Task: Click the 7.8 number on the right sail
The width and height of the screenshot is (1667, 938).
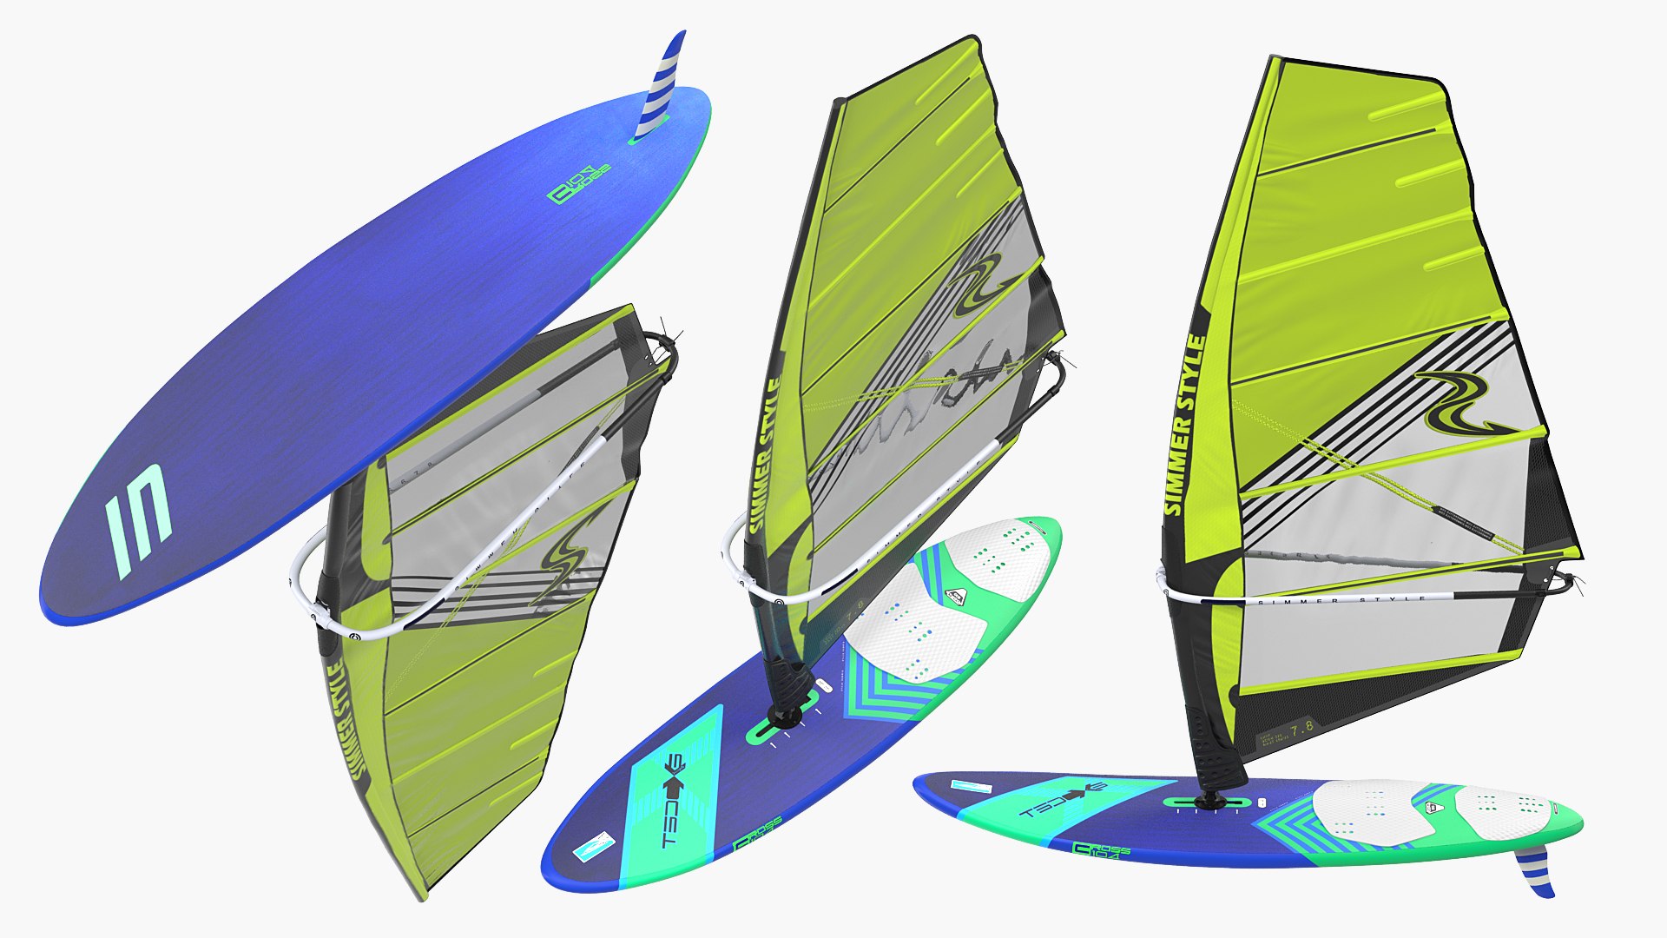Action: tap(1301, 727)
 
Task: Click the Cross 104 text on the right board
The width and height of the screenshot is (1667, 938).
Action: tap(1102, 849)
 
